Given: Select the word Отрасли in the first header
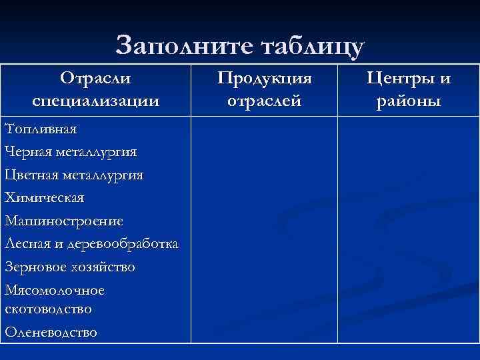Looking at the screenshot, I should tap(95, 79).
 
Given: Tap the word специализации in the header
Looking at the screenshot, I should tap(95, 101).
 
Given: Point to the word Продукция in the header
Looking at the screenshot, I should tap(265, 79).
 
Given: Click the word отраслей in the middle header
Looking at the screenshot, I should tap(265, 101).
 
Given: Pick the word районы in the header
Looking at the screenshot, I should tap(408, 101).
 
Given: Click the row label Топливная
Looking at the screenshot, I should tap(41, 129).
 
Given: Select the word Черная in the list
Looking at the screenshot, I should tap(26, 152).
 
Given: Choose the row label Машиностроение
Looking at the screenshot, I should tap(63, 221).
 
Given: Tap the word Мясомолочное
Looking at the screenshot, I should tap(54, 291).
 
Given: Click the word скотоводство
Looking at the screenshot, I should tap(48, 309).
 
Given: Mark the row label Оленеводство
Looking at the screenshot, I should tap(51, 332).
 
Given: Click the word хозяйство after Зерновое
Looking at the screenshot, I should tap(104, 267).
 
